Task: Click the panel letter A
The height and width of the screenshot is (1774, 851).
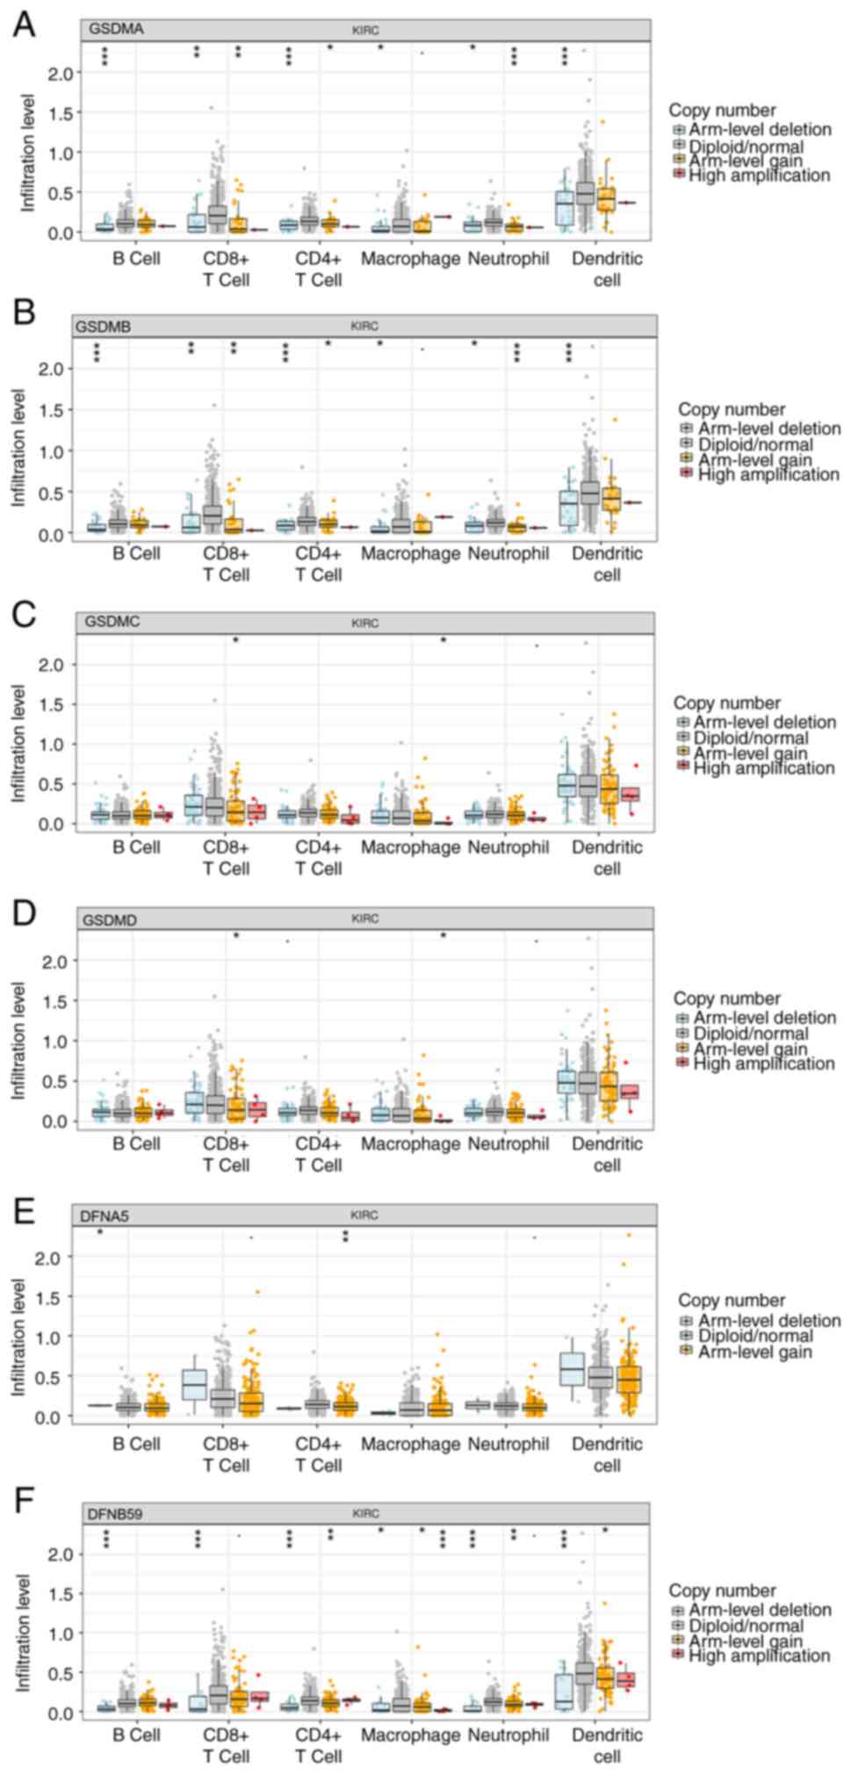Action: point(25,25)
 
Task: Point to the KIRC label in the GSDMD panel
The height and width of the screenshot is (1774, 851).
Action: point(364,919)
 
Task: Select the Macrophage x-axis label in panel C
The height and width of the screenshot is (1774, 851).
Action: point(410,847)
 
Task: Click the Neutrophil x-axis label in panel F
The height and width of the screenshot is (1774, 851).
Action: point(508,1734)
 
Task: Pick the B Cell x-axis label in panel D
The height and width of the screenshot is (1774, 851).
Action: point(136,1143)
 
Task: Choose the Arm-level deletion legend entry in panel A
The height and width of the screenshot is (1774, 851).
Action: point(760,130)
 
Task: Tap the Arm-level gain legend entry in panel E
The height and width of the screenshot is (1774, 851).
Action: point(754,1352)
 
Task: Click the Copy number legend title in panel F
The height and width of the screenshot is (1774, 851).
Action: point(722,1590)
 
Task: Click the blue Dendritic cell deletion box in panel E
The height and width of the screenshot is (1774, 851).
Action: point(572,1367)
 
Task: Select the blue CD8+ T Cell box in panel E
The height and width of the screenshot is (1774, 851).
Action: point(194,1384)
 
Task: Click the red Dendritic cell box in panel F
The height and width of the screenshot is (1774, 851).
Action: point(625,1679)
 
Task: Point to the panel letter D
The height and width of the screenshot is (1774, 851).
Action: point(25,913)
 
